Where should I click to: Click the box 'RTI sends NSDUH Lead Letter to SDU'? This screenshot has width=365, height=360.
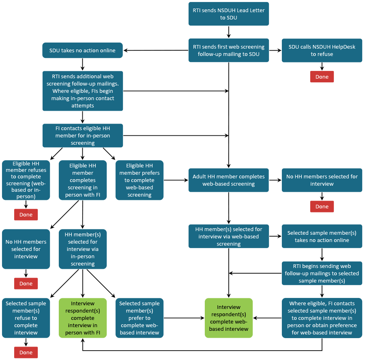(229, 14)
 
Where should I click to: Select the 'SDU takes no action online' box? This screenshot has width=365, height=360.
(83, 51)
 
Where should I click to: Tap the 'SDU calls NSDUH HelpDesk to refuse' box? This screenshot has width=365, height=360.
(322, 51)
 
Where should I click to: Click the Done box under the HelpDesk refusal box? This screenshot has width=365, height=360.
(322, 77)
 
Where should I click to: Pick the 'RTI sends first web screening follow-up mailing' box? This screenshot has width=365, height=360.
(229, 51)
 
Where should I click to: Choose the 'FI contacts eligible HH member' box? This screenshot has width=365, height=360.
(83, 135)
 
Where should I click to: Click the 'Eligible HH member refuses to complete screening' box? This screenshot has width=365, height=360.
(26, 180)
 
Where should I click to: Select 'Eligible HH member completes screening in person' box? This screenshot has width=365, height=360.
(83, 180)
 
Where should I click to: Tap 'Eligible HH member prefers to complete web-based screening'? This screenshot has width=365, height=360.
(140, 180)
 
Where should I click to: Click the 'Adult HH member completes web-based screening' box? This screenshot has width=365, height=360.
(229, 180)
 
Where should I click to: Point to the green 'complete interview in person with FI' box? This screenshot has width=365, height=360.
(83, 318)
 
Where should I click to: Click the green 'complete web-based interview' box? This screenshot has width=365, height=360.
(229, 318)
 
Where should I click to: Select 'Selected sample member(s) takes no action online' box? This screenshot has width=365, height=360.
(322, 236)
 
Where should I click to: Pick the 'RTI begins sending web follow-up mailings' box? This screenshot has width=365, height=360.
(322, 273)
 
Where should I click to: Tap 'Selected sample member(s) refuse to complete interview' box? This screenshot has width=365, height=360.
(26, 318)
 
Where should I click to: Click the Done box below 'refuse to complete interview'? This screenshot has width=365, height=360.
(26, 352)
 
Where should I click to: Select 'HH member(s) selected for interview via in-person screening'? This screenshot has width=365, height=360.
(83, 249)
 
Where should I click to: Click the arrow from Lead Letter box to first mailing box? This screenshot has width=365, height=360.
(229, 32)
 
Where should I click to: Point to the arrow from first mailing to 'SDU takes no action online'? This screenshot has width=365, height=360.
(156, 51)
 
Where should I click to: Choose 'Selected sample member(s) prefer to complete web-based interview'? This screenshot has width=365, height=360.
(140, 318)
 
